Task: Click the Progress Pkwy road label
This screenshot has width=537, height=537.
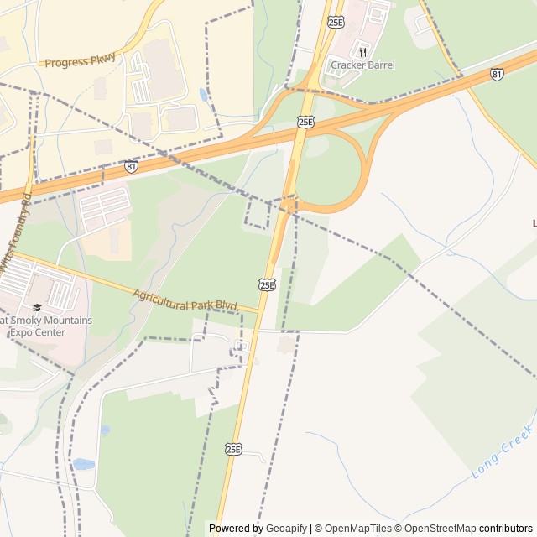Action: click(80, 61)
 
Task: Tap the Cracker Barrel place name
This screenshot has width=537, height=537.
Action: click(362, 65)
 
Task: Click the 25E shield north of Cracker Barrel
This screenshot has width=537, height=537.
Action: click(336, 22)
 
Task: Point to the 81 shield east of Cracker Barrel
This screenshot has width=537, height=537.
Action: click(498, 74)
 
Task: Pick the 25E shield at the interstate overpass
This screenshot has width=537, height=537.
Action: click(305, 122)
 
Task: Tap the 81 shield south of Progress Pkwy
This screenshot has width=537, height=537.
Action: click(131, 166)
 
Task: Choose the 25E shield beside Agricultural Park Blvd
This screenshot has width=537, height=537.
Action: click(267, 284)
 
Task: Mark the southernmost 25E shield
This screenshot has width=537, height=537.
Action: click(233, 450)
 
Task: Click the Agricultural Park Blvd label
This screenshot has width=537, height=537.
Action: click(185, 299)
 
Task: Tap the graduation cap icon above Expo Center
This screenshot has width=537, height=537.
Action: click(37, 307)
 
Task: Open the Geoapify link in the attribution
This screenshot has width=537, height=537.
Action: click(287, 529)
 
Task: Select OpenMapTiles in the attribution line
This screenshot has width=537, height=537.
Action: click(358, 529)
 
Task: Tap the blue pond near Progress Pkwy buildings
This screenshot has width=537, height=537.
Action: click(204, 94)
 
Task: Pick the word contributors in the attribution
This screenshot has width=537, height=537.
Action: click(507, 529)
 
